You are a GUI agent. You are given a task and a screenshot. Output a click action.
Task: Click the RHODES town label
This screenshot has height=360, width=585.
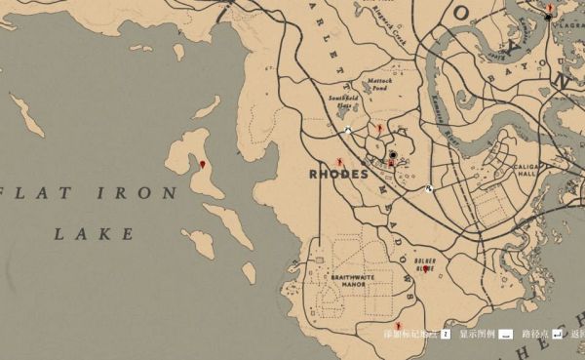pyautogui.click(x=337, y=175)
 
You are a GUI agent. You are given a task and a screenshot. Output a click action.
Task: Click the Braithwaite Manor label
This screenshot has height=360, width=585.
pyautogui.click(x=350, y=281)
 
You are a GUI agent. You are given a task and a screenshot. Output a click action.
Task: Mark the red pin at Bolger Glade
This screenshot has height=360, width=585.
pyautogui.click(x=425, y=268)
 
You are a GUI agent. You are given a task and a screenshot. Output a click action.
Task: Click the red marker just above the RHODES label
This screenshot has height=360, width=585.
pyautogui.click(x=338, y=160)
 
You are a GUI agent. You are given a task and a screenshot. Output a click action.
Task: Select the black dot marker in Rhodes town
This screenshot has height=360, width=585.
pyautogui.click(x=393, y=155)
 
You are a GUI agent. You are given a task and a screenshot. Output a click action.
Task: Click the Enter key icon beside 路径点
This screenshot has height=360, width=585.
pyautogui.click(x=557, y=334)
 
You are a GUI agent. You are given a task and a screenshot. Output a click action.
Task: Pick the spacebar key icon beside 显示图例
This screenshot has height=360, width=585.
pyautogui.click(x=506, y=334)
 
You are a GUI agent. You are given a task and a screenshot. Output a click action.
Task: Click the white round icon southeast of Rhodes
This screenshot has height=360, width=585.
pyautogui.click(x=429, y=188)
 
